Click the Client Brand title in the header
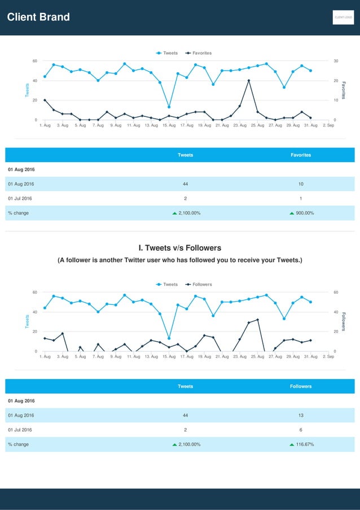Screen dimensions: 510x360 [x=38, y=17]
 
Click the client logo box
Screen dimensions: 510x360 [x=343, y=18]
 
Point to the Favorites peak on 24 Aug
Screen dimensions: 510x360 [x=249, y=81]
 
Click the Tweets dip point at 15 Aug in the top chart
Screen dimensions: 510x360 [x=169, y=107]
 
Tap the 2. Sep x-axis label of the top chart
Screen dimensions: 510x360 [x=328, y=125]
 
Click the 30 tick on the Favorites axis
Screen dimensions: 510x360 [x=336, y=61]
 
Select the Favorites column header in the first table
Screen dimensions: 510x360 [x=301, y=155]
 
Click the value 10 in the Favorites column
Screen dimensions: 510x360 [x=301, y=184]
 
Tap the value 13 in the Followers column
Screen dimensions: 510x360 [x=301, y=416]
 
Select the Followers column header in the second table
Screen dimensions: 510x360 [x=301, y=386]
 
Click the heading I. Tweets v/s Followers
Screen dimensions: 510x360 [x=180, y=248]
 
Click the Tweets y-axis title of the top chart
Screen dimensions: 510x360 [x=26, y=90]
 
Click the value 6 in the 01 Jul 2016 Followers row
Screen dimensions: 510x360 [x=301, y=430]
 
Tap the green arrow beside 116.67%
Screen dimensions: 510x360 [x=292, y=444]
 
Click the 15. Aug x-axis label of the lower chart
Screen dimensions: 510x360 [x=169, y=357]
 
